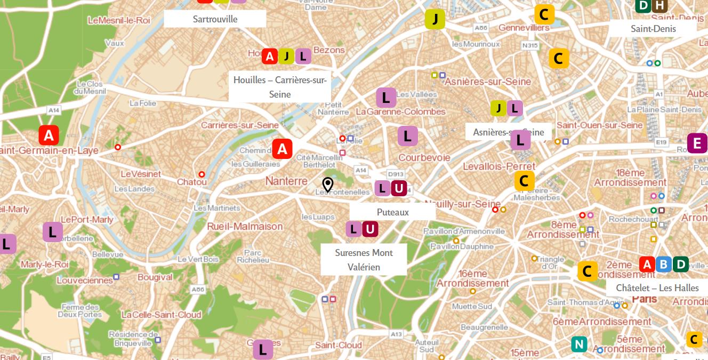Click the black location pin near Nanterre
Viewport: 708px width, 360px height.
click(x=328, y=185)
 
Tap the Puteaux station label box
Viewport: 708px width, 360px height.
click(x=392, y=212)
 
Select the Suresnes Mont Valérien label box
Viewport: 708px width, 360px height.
click(x=364, y=260)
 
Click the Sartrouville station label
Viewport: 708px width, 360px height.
click(x=215, y=19)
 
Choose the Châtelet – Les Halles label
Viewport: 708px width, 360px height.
click(x=657, y=288)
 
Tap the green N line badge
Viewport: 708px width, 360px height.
click(x=579, y=344)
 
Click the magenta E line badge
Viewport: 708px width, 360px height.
click(x=696, y=143)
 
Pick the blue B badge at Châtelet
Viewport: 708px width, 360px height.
click(x=663, y=265)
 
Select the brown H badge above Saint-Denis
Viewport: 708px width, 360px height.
click(x=659, y=5)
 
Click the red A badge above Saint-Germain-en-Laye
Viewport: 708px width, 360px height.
click(x=49, y=135)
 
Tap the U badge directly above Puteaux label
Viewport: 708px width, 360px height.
click(x=399, y=188)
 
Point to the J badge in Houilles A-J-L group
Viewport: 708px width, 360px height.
click(x=286, y=56)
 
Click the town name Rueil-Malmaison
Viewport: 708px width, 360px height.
click(x=245, y=226)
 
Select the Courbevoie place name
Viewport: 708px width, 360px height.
click(x=424, y=158)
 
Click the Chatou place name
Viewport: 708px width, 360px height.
click(x=192, y=182)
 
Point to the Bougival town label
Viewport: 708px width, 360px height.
click(x=155, y=277)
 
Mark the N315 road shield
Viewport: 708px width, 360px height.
click(x=530, y=46)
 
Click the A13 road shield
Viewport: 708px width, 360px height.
click(x=396, y=334)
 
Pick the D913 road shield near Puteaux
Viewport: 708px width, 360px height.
click(x=396, y=174)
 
